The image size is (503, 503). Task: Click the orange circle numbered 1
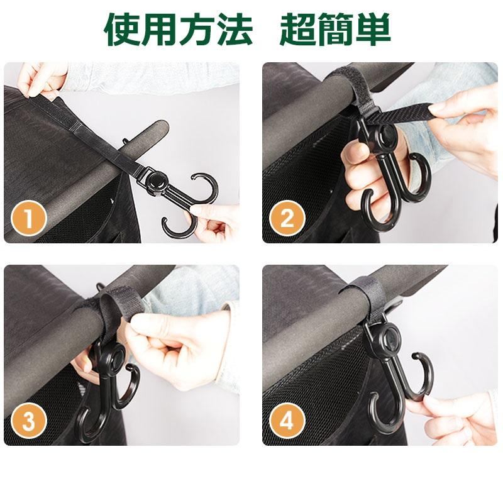click(x=30, y=219)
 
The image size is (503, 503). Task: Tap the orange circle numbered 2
click(x=287, y=219)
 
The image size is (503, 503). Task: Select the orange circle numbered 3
click(x=30, y=421)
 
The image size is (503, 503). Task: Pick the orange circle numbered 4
click(x=287, y=421)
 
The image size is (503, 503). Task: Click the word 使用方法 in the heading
click(x=179, y=30)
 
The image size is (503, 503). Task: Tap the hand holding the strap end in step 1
click(x=41, y=79)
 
